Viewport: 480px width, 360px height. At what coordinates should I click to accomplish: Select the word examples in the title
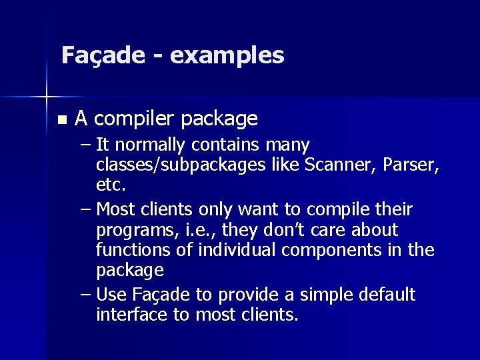pos(227,55)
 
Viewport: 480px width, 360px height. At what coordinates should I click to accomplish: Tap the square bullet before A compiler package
pos(61,121)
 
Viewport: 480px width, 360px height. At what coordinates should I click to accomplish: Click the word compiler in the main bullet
pos(136,119)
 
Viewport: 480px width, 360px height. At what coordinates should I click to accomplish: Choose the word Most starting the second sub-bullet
pos(118,210)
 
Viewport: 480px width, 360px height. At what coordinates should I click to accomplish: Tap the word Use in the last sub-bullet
pos(113,295)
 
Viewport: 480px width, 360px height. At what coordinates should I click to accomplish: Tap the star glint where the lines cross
pos(47,98)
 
